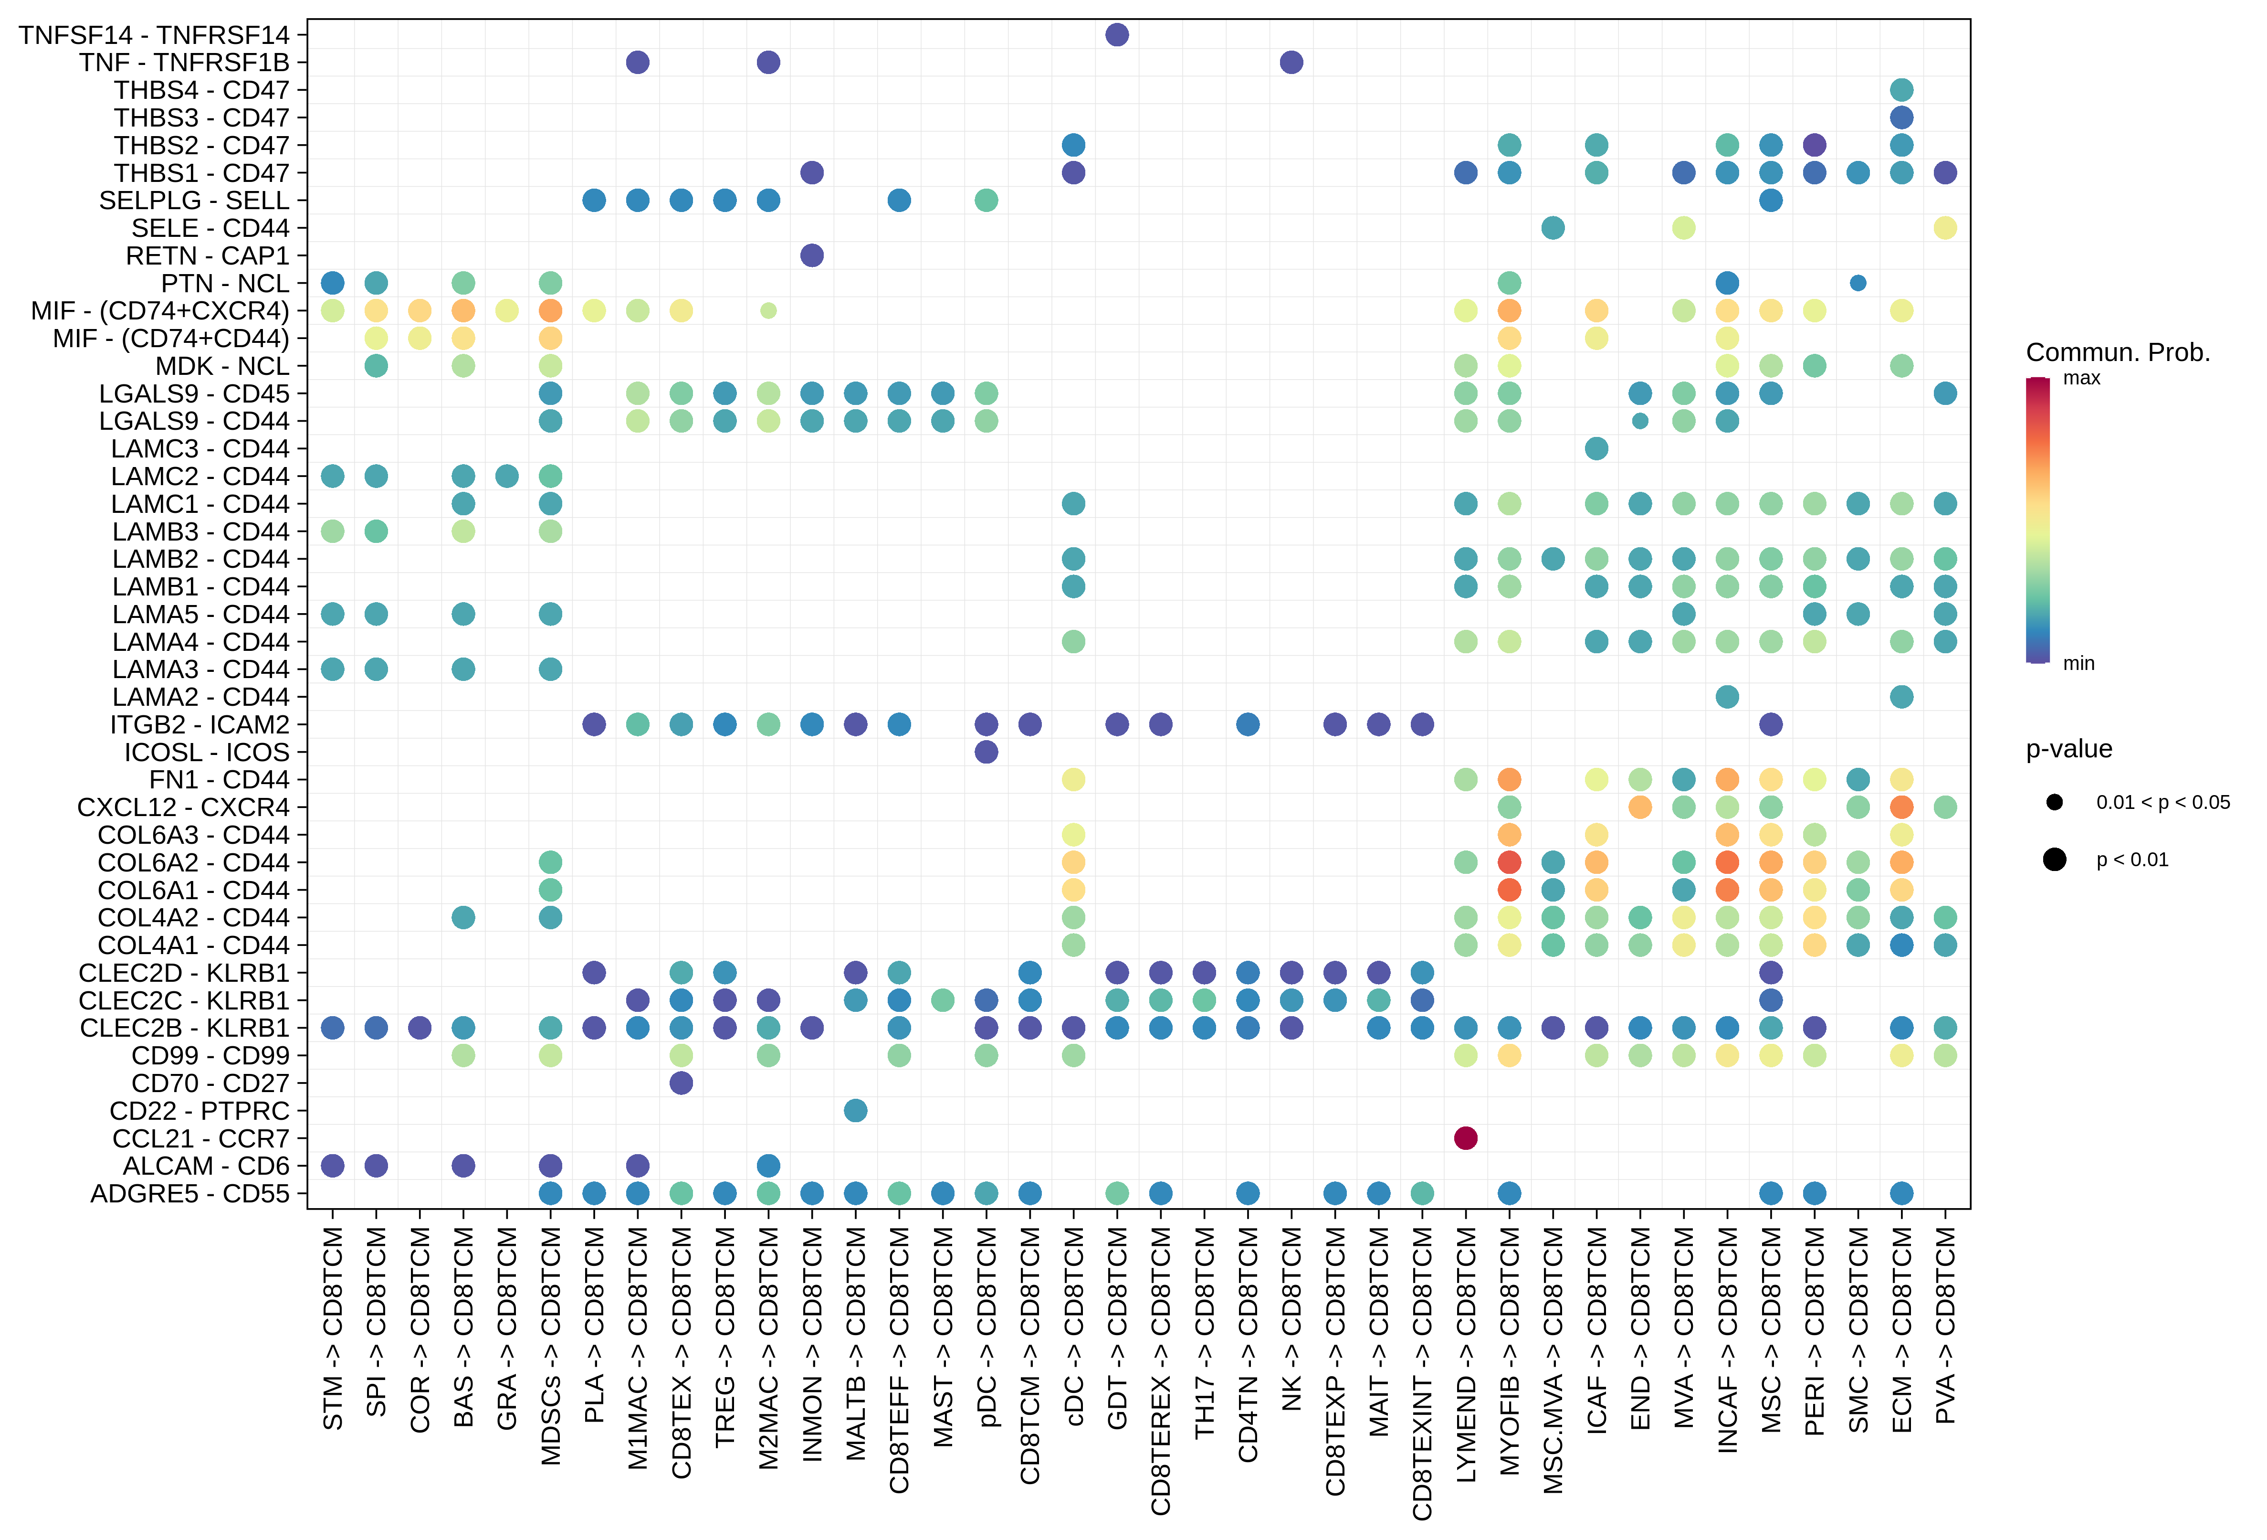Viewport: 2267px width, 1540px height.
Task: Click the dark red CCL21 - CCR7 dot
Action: click(1465, 1138)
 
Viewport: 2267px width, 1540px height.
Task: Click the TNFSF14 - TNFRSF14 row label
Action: click(154, 35)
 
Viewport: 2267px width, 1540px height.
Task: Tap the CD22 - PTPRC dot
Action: click(855, 1111)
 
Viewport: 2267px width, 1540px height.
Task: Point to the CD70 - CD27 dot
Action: click(681, 1083)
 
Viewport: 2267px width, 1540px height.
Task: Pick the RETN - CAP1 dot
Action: click(812, 255)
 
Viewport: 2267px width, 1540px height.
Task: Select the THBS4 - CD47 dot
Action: click(1901, 90)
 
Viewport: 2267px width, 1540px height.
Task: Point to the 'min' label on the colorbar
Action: click(2079, 664)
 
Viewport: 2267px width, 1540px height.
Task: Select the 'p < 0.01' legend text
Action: click(2132, 860)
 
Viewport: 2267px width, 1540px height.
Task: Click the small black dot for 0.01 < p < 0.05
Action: click(2054, 802)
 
